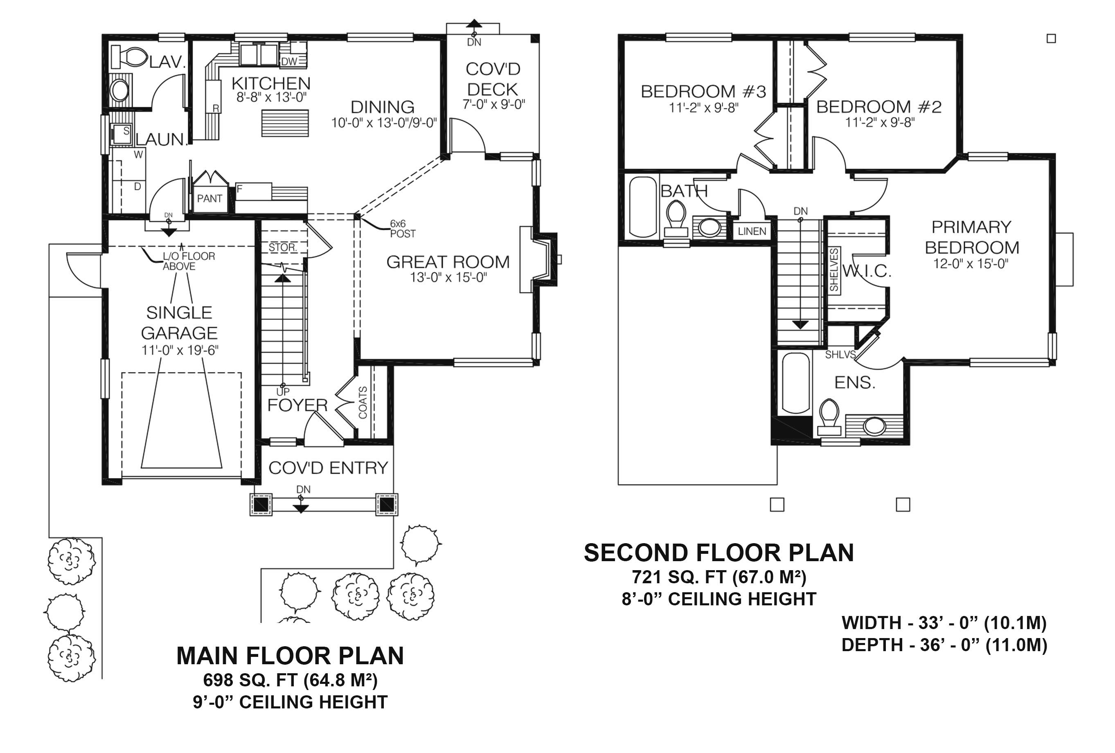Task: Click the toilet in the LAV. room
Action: (x=130, y=57)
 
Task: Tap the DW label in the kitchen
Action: (x=289, y=61)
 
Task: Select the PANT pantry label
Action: (x=209, y=198)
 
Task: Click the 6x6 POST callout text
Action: (x=402, y=229)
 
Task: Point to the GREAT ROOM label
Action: (x=448, y=262)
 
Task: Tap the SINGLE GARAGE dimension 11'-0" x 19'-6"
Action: (x=180, y=350)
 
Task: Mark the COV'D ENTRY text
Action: (x=328, y=468)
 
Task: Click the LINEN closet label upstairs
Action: (x=752, y=231)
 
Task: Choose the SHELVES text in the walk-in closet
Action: (x=834, y=270)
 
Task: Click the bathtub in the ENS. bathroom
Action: (x=795, y=384)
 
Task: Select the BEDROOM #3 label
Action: (x=703, y=91)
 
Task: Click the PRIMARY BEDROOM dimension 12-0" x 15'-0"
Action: (x=970, y=264)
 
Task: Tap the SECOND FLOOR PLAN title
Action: (x=718, y=553)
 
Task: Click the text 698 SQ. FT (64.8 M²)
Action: (x=290, y=680)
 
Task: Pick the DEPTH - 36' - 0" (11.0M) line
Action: (x=944, y=645)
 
